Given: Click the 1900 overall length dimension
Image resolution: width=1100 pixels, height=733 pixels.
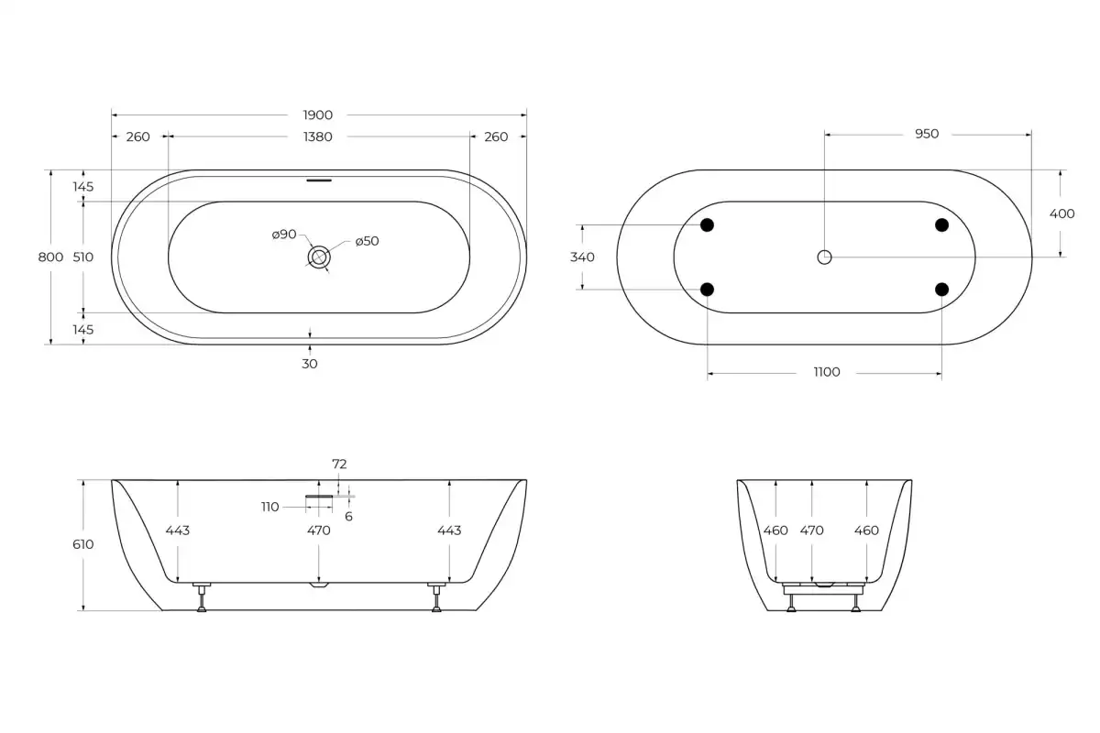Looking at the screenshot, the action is [318, 115].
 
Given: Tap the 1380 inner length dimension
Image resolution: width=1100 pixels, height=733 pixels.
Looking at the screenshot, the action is [318, 137].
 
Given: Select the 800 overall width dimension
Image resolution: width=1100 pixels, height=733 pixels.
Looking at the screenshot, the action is [50, 257].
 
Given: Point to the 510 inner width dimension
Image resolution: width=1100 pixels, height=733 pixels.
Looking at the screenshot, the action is [83, 257].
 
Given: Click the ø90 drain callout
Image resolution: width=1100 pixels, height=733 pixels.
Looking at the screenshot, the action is [284, 235].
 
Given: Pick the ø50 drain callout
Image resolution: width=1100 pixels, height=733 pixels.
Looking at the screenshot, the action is [367, 241].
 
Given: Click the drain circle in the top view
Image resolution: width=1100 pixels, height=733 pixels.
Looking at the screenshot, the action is [319, 257].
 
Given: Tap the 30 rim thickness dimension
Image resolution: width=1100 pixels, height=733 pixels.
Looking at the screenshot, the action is [310, 364].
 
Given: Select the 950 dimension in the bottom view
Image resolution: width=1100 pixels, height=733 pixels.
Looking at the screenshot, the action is [927, 134].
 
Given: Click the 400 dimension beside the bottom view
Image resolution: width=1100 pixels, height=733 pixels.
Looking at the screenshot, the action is [1061, 213].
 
